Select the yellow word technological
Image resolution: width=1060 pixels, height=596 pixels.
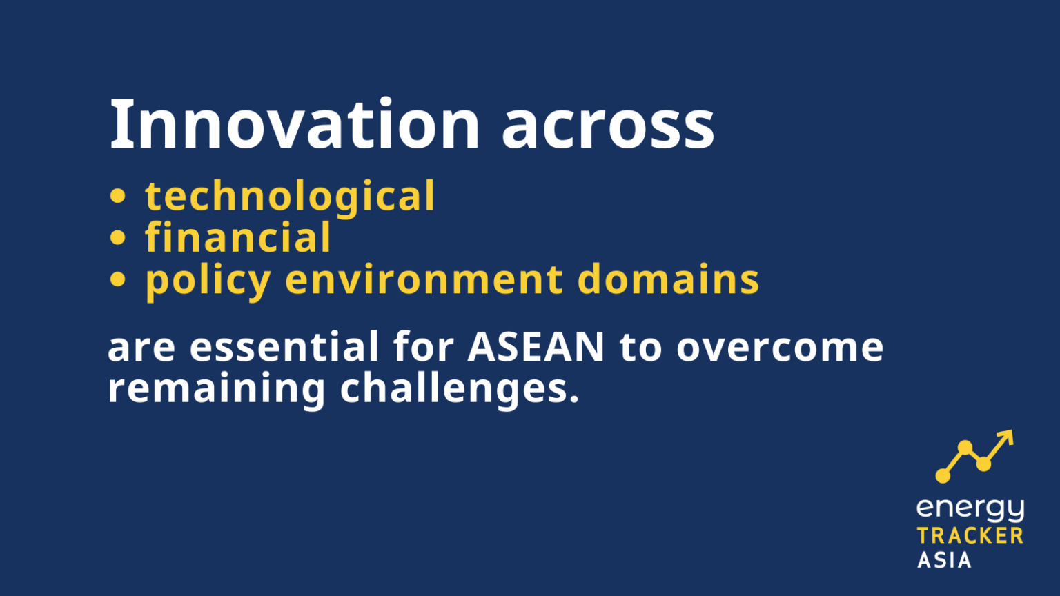(290, 197)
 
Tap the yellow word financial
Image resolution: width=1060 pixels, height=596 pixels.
(238, 238)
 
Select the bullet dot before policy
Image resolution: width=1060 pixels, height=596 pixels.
(118, 279)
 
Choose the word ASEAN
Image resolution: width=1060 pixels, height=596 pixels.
(536, 346)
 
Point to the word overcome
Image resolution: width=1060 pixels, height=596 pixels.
(780, 348)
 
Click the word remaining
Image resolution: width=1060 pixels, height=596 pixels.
(216, 389)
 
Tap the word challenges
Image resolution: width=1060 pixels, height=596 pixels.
(459, 389)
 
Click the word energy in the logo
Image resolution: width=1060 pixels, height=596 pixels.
(970, 510)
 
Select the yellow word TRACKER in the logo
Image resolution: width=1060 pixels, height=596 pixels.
(970, 536)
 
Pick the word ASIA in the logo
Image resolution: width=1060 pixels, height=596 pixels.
(944, 559)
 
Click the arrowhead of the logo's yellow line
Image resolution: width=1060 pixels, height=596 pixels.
(1007, 437)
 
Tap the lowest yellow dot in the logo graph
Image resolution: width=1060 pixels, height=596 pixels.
(943, 475)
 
